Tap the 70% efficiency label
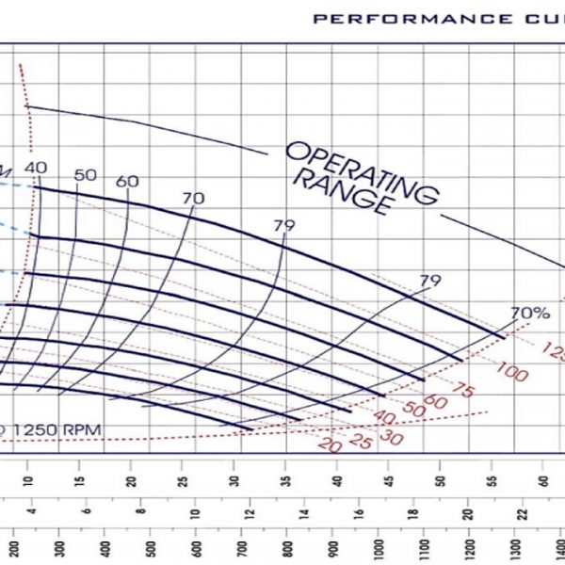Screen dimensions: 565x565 point(529,313)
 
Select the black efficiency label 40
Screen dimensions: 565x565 point(36,168)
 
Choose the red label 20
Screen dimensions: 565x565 point(328,445)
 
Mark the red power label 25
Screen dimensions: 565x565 point(357,438)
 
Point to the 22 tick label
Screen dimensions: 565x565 point(518,513)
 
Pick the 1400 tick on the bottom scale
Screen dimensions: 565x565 point(516,547)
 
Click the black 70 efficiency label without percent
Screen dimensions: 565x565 point(193,198)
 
